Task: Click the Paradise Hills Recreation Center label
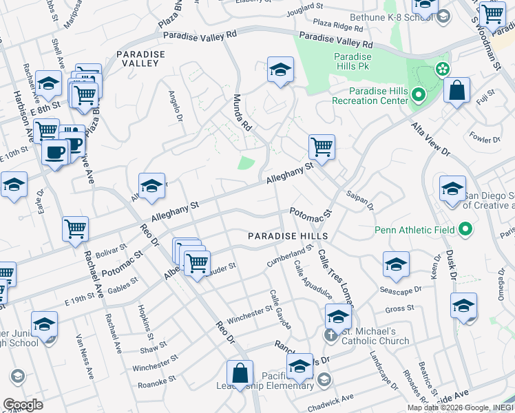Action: [x=379, y=96]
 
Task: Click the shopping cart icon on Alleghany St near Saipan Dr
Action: [x=322, y=147]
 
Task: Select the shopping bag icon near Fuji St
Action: [x=456, y=90]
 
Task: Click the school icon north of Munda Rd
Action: [x=280, y=70]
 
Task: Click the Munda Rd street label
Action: [x=242, y=112]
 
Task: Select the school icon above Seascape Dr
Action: [x=396, y=265]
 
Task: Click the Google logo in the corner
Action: [x=23, y=405]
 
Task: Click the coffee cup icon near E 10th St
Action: [x=55, y=152]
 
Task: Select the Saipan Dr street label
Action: [x=360, y=200]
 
